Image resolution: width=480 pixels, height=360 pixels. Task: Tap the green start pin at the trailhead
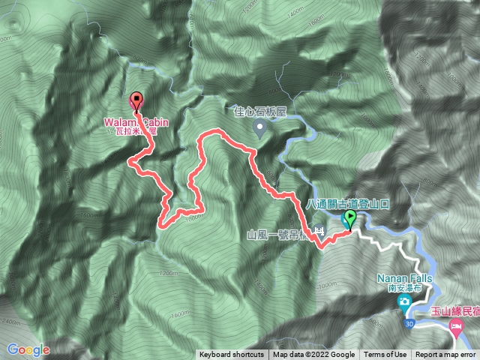click(349, 219)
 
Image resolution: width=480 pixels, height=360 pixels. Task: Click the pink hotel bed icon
click(455, 327)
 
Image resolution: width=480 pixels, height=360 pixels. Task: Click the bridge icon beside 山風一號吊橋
click(321, 232)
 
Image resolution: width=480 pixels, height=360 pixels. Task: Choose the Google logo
click(28, 349)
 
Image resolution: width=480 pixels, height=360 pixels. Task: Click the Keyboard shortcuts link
click(231, 355)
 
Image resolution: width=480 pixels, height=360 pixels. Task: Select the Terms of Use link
click(385, 355)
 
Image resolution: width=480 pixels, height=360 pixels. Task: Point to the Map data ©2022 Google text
click(313, 355)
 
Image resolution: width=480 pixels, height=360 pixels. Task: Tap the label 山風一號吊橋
click(280, 234)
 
